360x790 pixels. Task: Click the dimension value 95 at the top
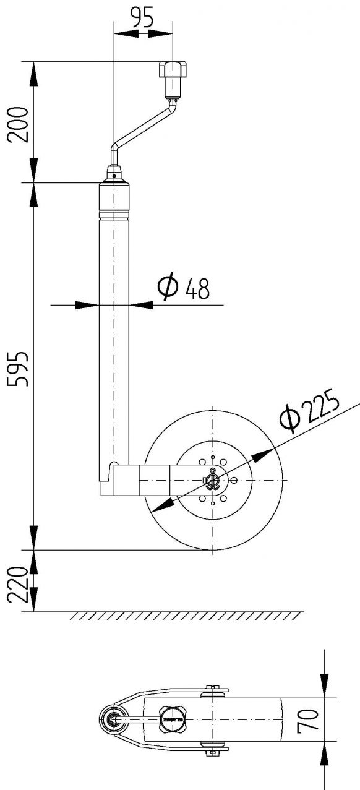click(x=142, y=19)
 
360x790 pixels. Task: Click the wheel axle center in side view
click(x=213, y=481)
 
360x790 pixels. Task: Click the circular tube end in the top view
click(x=113, y=720)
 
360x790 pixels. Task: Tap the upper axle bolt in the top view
click(x=213, y=688)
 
